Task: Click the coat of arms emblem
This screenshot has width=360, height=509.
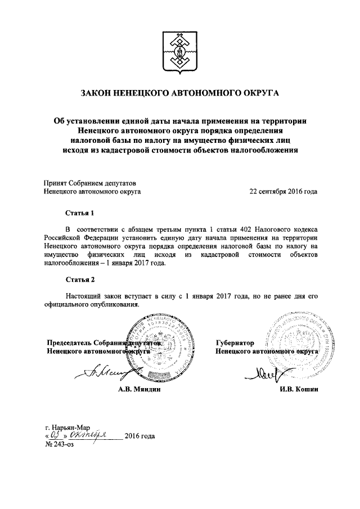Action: pos(180,50)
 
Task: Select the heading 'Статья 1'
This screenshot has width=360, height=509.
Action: pos(76,214)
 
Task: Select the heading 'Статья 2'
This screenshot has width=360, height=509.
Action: pos(76,280)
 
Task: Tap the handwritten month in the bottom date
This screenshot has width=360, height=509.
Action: pos(91,435)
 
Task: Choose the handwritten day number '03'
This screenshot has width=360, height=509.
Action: pos(55,435)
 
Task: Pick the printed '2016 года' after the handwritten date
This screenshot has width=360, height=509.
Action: pos(139,436)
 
